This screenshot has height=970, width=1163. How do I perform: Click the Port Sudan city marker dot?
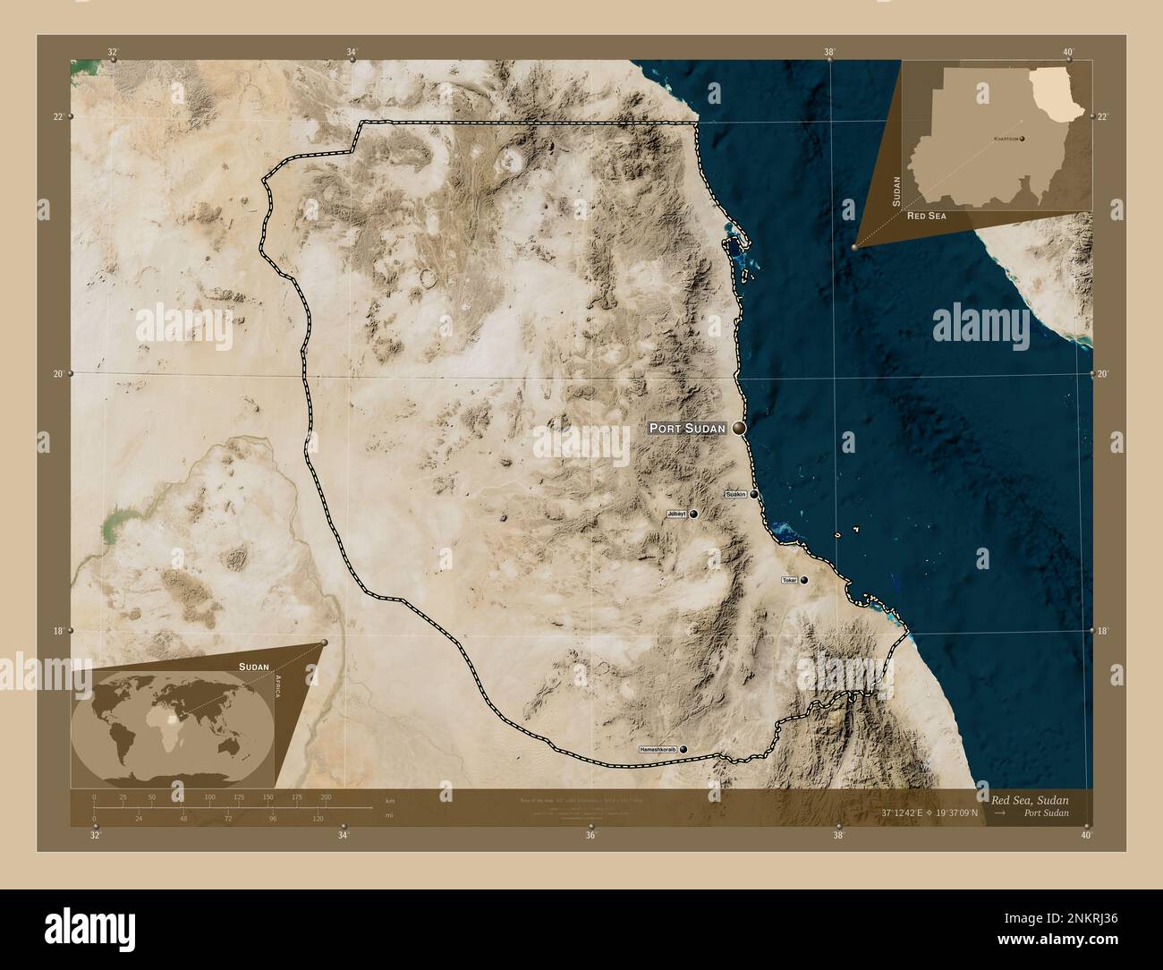click(x=739, y=429)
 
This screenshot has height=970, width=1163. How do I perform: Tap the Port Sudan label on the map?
click(x=687, y=429)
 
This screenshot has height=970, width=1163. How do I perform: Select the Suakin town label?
click(x=735, y=494)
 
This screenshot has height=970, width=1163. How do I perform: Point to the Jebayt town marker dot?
click(x=692, y=514)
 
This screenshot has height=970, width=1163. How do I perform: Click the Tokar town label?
click(x=789, y=581)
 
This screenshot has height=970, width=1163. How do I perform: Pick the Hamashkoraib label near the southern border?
click(x=658, y=748)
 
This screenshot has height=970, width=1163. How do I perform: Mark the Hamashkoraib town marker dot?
click(x=684, y=748)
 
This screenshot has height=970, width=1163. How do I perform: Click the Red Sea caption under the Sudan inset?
click(x=927, y=217)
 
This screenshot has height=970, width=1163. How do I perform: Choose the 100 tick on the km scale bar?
click(x=209, y=796)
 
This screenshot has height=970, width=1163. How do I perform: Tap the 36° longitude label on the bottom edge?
click(x=590, y=836)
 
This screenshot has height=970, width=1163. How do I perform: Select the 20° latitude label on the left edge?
click(x=57, y=374)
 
